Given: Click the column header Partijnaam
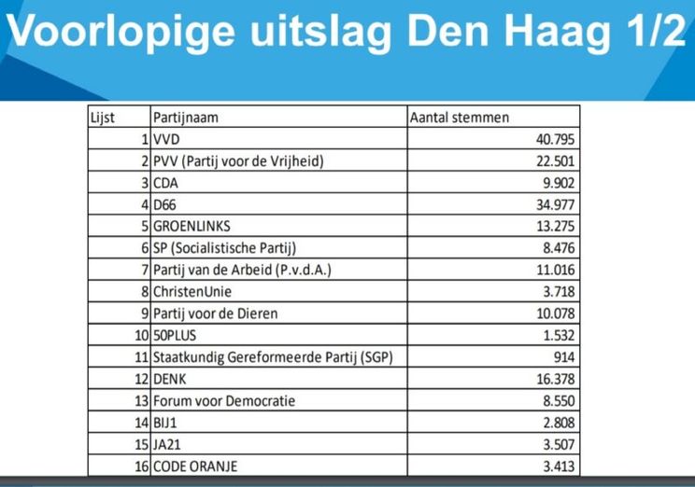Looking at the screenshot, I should click(x=191, y=118).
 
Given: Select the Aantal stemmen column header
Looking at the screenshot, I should click(x=460, y=118).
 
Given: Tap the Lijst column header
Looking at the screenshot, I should click(x=101, y=118).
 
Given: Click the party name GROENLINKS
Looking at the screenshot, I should click(x=191, y=226).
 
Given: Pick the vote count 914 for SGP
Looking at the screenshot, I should click(x=562, y=358).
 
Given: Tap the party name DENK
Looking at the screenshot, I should click(x=172, y=380).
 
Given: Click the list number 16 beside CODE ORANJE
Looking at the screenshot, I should click(x=142, y=466).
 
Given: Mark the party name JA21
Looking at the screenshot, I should click(x=169, y=445).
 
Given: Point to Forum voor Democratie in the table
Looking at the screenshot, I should click(x=224, y=401).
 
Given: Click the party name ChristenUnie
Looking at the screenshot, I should click(x=194, y=292).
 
